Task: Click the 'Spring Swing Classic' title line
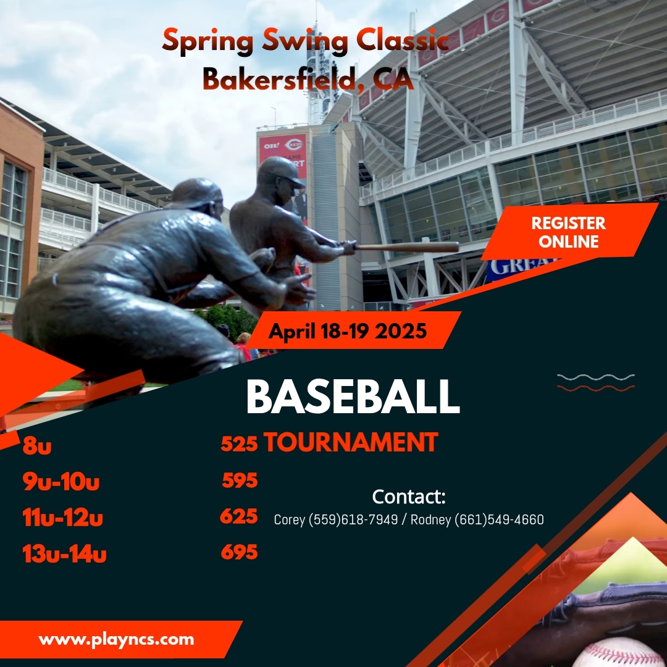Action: coord(305,42)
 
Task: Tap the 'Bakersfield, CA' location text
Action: coord(308,79)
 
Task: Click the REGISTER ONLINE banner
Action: coord(568,232)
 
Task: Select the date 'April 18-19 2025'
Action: coord(348,332)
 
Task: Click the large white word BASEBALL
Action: coord(353,397)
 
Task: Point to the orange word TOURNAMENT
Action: coord(351,442)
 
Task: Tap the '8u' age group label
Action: coord(37,446)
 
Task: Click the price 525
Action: coord(239,443)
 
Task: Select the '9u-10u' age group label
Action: coord(61,482)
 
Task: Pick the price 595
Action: coord(240,480)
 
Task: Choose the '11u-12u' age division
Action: coord(62,518)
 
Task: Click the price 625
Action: coord(239,516)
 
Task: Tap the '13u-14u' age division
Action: coord(64,554)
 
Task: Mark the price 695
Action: coord(239,552)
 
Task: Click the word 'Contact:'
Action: coord(409,497)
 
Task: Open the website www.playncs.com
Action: coord(116,639)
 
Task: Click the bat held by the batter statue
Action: coord(408,247)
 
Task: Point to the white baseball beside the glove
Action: coord(621,653)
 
